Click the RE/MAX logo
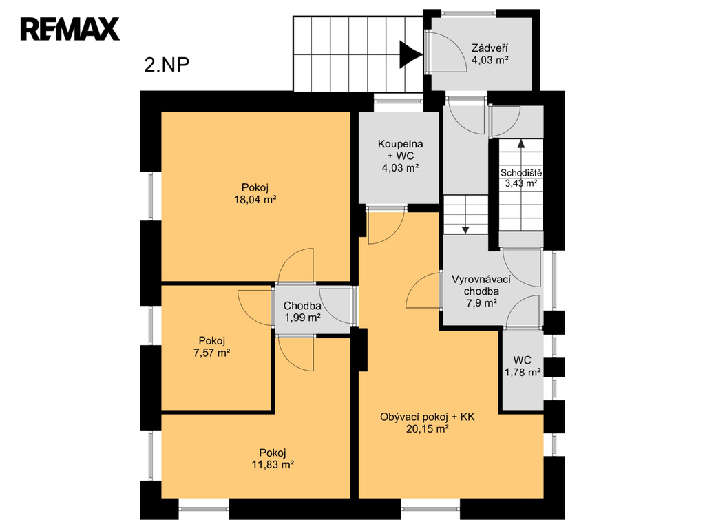(70, 29)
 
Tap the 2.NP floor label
(167, 65)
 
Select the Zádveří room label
(490, 48)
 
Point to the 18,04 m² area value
(255, 200)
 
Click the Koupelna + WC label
(400, 149)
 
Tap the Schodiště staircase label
(521, 173)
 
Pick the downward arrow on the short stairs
(465, 215)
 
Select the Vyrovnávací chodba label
(481, 285)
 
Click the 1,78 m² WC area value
(523, 372)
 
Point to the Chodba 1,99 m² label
(302, 312)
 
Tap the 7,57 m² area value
(212, 353)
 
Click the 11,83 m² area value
(273, 465)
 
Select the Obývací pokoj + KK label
(427, 417)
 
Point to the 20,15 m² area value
(427, 429)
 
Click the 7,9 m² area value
(481, 303)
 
